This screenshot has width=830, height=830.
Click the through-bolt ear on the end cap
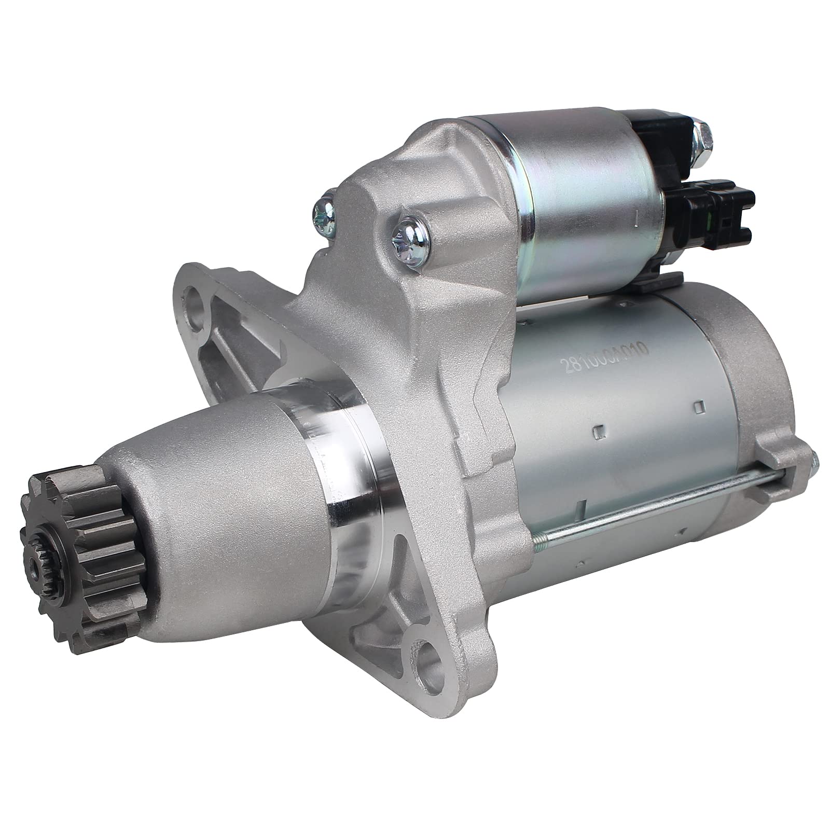coord(778,451)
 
